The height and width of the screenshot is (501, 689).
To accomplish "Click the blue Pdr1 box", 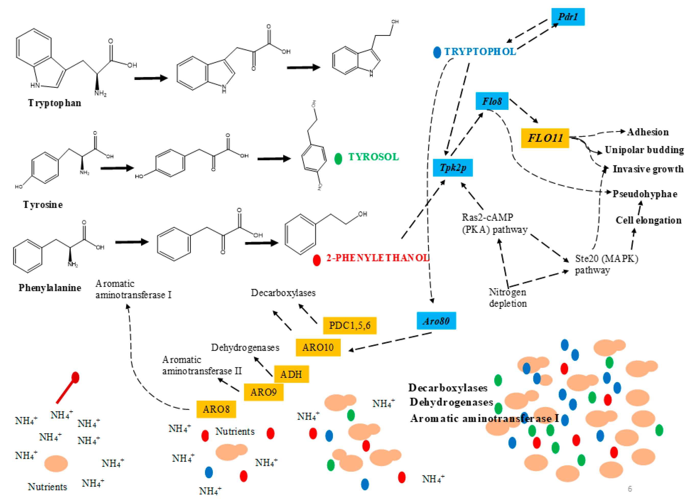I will pyautogui.click(x=567, y=17).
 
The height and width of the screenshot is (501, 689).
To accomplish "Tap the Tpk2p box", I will pyautogui.click(x=453, y=168).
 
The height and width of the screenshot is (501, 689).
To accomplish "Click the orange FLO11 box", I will pyautogui.click(x=545, y=138).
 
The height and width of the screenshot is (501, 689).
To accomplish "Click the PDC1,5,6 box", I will pyautogui.click(x=350, y=325).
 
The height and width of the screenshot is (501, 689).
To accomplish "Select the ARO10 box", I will pyautogui.click(x=318, y=347).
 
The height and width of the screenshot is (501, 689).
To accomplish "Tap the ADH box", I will pyautogui.click(x=291, y=374).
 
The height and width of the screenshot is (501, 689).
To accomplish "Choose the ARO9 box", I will pyautogui.click(x=264, y=392).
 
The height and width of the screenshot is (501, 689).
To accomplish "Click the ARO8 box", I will pyautogui.click(x=216, y=409).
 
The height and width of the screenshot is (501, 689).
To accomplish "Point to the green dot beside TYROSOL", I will pyautogui.click(x=338, y=159).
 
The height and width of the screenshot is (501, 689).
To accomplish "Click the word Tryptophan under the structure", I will pyautogui.click(x=55, y=103).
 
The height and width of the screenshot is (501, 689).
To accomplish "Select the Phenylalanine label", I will pyautogui.click(x=50, y=288).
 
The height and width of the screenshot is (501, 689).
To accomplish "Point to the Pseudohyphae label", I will pyautogui.click(x=645, y=194).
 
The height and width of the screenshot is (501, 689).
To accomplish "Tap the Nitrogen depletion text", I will pyautogui.click(x=508, y=298).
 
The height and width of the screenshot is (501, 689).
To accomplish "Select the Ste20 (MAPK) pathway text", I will pyautogui.click(x=606, y=264).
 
